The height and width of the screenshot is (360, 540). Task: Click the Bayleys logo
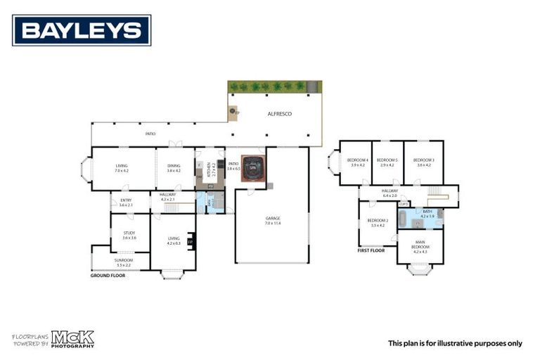(x=82, y=30)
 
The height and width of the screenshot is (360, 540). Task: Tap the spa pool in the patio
(x=252, y=169)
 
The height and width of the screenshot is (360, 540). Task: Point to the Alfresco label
(x=280, y=114)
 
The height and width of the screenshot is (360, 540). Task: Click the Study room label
(x=129, y=234)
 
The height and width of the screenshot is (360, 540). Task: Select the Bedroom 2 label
(x=378, y=223)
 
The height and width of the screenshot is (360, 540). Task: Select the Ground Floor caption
(x=108, y=276)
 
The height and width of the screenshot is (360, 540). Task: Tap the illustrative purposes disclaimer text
(x=455, y=343)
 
